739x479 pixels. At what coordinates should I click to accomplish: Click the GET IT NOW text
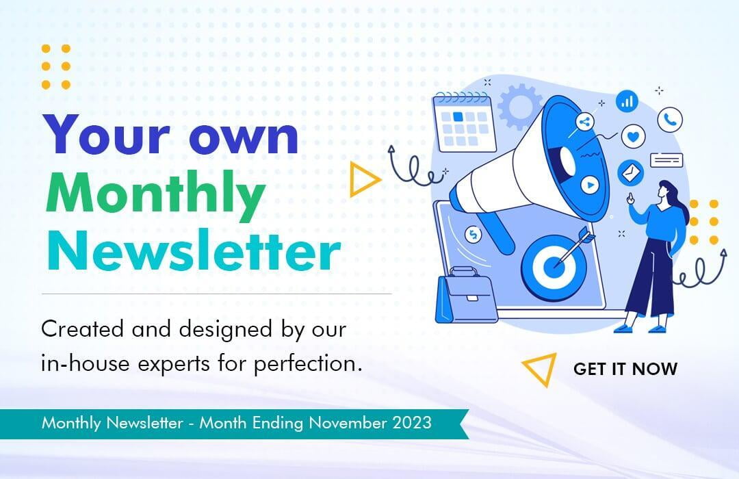[625, 369]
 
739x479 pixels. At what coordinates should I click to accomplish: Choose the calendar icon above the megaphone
[465, 123]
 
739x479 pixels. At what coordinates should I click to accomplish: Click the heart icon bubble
[633, 137]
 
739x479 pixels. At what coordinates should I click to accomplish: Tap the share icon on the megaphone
[584, 123]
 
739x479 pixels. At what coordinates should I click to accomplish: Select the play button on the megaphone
[589, 184]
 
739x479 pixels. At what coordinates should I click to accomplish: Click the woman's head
[667, 190]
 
